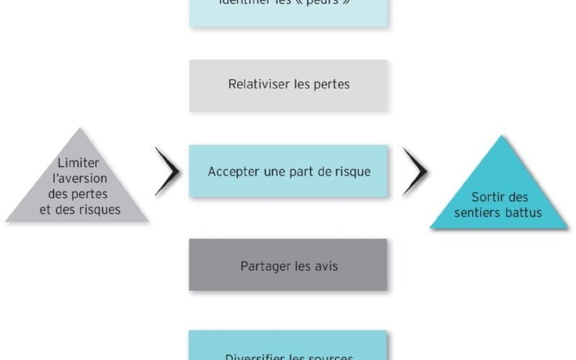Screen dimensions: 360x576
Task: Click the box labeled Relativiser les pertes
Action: pos(288,85)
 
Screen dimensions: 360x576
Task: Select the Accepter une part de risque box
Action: pos(288,171)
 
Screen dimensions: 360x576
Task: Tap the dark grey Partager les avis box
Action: pos(288,265)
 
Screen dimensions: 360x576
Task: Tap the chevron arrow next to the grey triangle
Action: pos(168,171)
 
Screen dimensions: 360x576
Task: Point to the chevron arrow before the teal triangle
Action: pos(415,171)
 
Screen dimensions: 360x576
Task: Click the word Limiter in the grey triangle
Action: pos(78,163)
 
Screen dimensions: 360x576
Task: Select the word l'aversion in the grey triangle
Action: pos(78,179)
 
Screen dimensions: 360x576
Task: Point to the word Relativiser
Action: pos(259,84)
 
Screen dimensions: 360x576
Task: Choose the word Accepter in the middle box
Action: pos(233,171)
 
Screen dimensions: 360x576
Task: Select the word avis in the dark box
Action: pos(325,266)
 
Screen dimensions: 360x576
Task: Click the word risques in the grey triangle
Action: pos(101,210)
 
